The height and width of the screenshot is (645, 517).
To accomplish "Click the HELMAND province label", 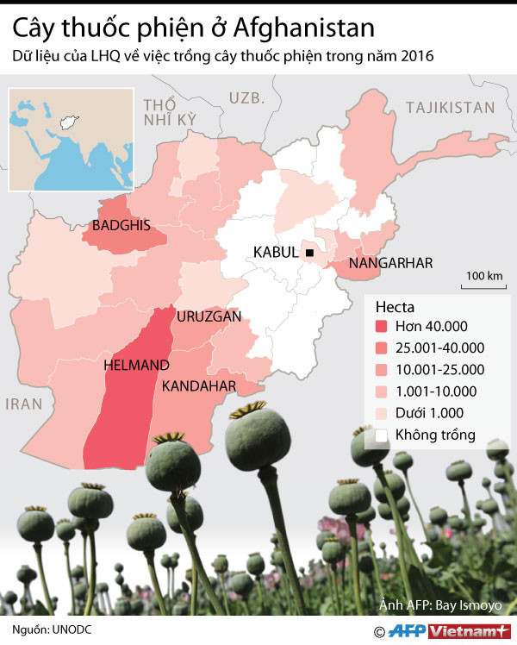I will (x=136, y=366).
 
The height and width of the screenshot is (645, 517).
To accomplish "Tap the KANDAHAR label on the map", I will (x=199, y=385).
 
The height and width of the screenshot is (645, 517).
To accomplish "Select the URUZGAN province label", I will (x=209, y=317).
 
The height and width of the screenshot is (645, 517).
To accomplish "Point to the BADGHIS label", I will (x=121, y=226).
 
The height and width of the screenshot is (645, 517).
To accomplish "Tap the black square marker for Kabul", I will (x=308, y=252).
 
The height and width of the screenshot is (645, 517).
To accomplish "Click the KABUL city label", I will (x=275, y=253).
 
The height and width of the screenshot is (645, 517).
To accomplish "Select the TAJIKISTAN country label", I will (x=450, y=108).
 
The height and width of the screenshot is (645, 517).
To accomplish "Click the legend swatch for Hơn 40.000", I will (x=381, y=326).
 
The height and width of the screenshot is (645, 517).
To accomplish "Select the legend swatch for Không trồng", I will (x=381, y=435).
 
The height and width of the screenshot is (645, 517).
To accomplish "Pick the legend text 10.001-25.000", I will (x=439, y=369).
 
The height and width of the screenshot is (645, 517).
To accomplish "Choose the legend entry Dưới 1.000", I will (x=429, y=413).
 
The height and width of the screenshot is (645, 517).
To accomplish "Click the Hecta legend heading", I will (x=395, y=306).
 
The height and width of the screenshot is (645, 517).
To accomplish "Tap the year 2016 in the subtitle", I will (x=412, y=57).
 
